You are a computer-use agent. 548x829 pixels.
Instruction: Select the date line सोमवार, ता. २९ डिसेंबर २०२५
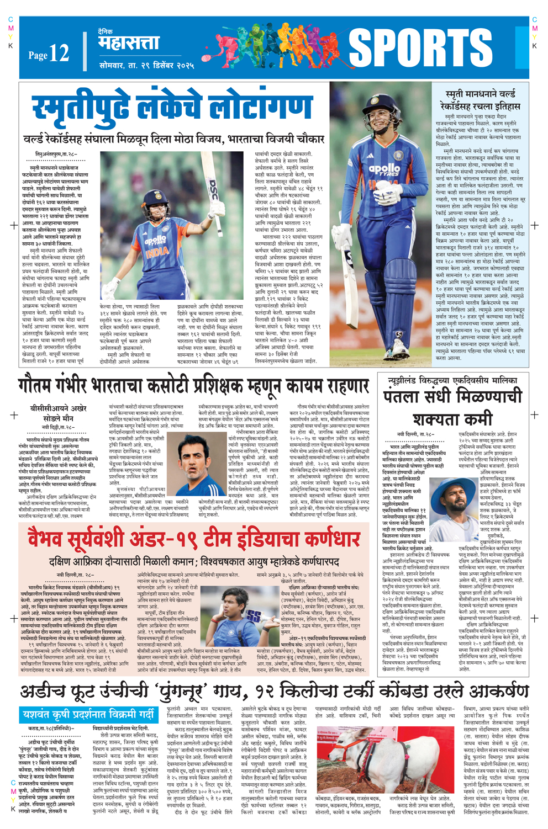click(146, 65)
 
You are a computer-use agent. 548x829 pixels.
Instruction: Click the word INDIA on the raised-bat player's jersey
click(157, 252)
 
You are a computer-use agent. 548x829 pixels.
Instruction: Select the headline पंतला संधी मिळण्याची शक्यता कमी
click(452, 407)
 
